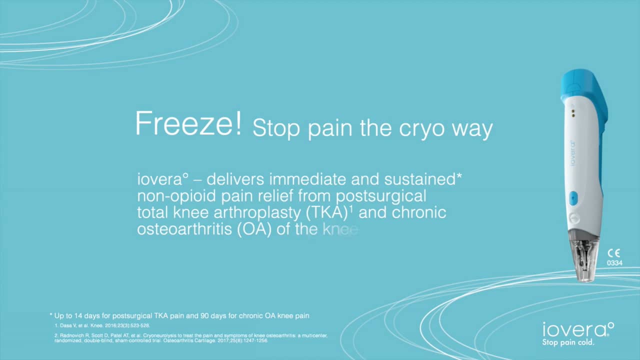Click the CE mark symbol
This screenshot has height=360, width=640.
pos(613,253)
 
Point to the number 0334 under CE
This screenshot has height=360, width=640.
pos(614,263)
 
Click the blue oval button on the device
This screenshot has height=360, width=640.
pos(573,198)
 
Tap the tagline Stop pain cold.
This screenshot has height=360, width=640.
pos(568,343)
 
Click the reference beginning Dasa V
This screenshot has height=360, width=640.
pos(95,325)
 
